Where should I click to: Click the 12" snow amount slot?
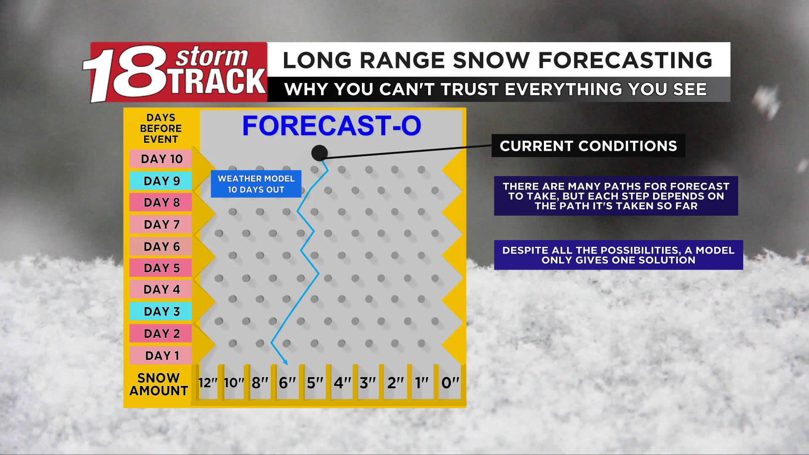click(x=208, y=383)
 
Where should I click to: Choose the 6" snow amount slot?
click(x=287, y=383)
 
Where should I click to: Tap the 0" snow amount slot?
click(x=450, y=383)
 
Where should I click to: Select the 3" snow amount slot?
click(x=368, y=383)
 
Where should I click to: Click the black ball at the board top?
click(x=319, y=153)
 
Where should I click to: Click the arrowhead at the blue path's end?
click(x=285, y=362)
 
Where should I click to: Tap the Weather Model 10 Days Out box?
click(x=256, y=184)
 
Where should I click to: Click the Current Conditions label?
click(x=588, y=146)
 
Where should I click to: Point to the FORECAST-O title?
click(x=332, y=126)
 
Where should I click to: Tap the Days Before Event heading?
click(x=161, y=128)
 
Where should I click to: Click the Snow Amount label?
click(x=158, y=384)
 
